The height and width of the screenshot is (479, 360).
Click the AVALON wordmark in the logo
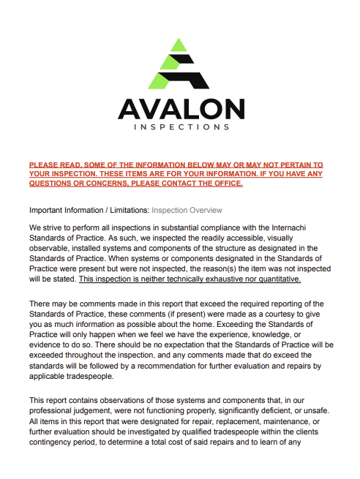point(181,110)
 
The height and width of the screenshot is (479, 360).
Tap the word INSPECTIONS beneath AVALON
point(181,127)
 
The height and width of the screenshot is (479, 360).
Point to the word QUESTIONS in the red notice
point(52,184)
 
